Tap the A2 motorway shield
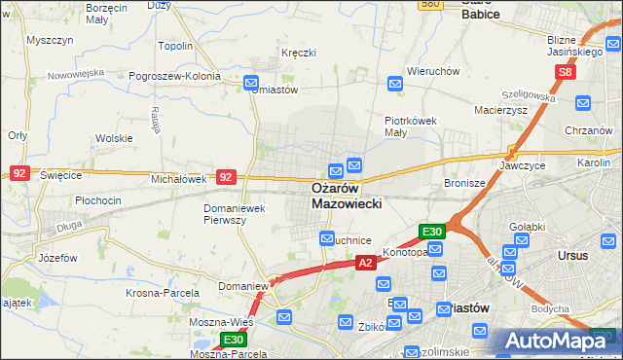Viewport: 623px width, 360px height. (365, 263)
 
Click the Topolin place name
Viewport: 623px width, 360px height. (175, 46)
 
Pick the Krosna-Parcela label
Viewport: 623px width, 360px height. (163, 292)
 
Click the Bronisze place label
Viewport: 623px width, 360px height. (463, 183)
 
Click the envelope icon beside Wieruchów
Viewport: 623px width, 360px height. (395, 85)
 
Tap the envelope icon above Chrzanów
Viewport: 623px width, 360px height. (583, 103)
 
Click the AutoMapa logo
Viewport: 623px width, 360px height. (559, 341)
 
